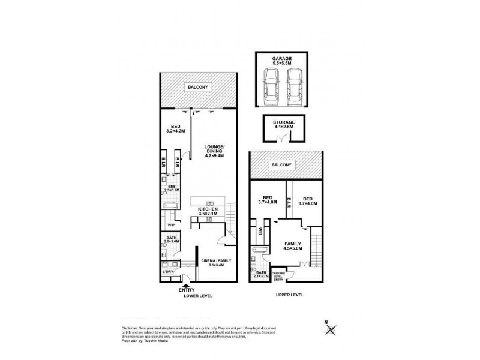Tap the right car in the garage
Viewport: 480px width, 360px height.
point(293,86)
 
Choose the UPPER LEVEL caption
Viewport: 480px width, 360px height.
point(289,295)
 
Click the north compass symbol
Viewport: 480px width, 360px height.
point(330,329)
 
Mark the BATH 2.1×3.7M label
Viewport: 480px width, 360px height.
point(261,275)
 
